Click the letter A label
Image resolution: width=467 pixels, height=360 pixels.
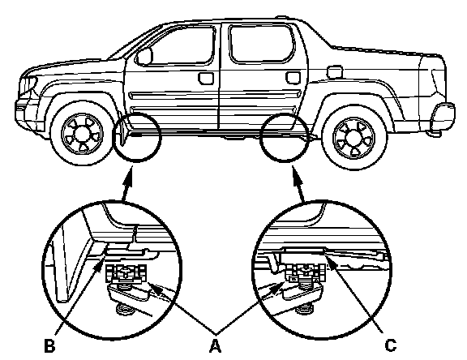[215, 345]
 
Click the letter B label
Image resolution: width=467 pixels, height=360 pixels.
[49, 345]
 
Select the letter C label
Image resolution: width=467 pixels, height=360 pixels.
[390, 345]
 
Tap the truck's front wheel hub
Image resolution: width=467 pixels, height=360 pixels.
[82, 134]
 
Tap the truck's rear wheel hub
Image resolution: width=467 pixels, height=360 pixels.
[354, 138]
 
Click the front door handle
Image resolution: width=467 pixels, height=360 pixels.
[206, 78]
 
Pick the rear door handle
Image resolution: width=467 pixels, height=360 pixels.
[293, 77]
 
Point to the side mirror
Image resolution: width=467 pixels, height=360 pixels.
[144, 56]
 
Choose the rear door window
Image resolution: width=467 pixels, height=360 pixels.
[260, 44]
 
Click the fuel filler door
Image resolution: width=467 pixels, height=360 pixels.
[334, 72]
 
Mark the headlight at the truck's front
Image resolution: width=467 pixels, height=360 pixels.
[28, 85]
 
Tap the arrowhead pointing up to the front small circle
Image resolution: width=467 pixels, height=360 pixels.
[129, 176]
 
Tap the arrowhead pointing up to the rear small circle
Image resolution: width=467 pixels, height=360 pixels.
[298, 177]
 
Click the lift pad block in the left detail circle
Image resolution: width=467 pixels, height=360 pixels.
[126, 273]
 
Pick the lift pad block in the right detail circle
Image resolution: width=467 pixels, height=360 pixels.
[303, 272]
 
